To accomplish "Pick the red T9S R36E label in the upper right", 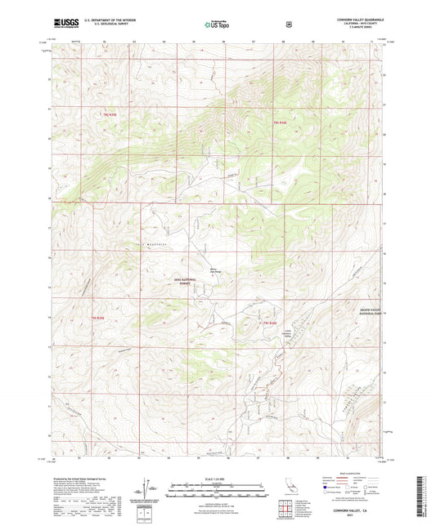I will (x=279, y=123).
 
